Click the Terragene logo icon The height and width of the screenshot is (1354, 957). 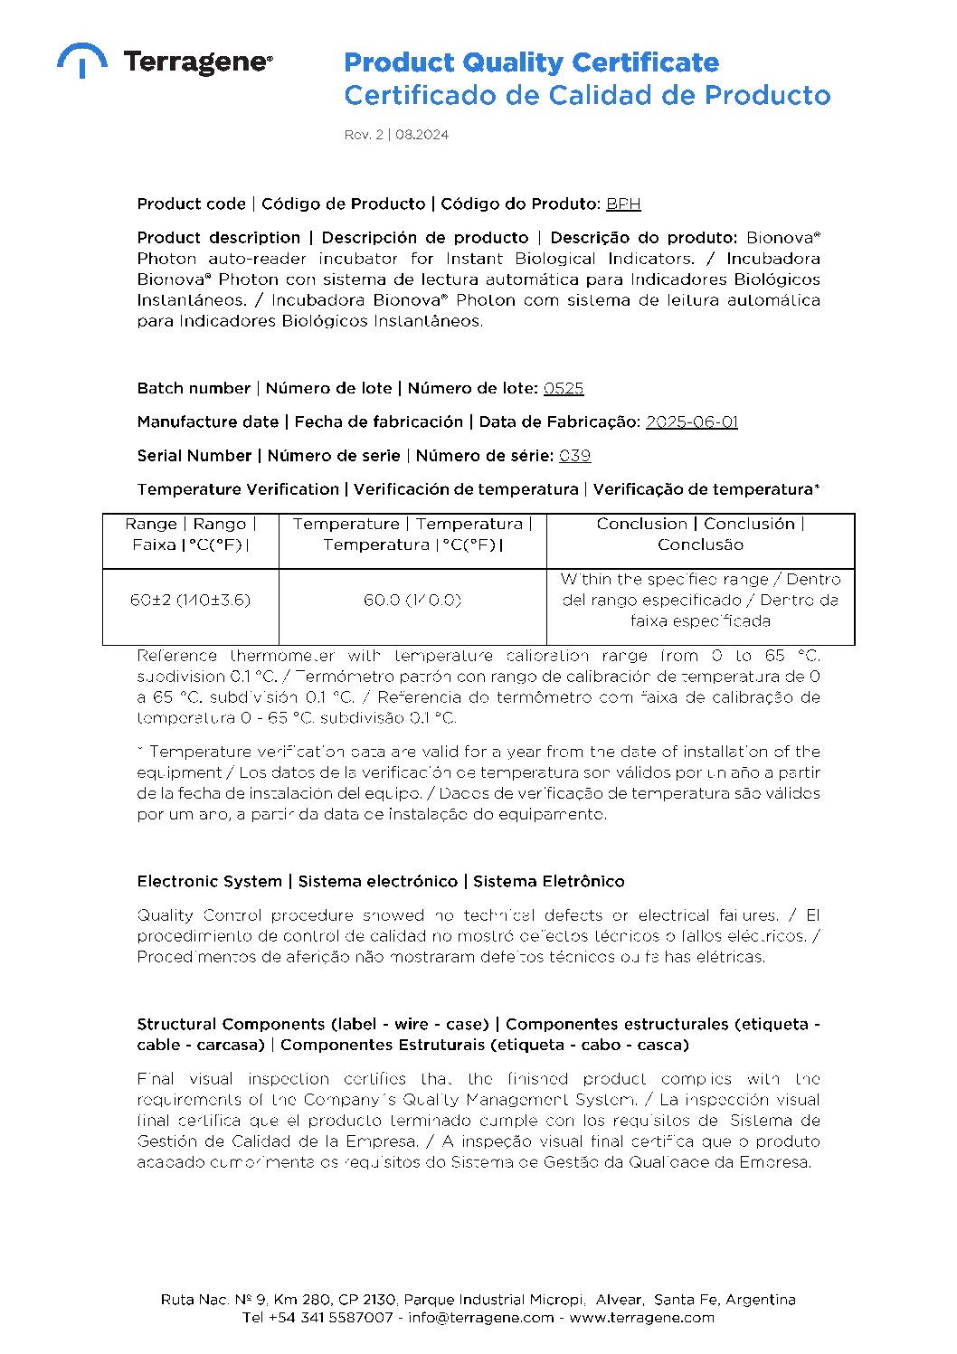[x=81, y=60]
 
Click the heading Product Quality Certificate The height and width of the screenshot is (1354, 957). [x=531, y=62]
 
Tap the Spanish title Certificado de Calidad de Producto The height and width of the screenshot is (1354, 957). [x=586, y=95]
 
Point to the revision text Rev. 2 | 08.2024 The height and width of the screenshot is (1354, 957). [x=396, y=135]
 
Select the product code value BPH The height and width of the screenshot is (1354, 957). [x=623, y=204]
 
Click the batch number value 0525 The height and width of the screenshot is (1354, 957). [x=564, y=388]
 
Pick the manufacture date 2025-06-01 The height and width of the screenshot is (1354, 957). [x=691, y=422]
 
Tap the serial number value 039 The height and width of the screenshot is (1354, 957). [x=574, y=456]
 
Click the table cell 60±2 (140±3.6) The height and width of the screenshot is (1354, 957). [x=190, y=600]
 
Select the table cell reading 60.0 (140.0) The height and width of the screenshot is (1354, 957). [x=412, y=600]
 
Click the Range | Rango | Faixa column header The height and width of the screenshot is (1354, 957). [x=190, y=535]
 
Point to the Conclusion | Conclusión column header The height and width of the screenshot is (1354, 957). [x=700, y=535]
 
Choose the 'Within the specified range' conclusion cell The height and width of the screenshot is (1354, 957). [x=700, y=600]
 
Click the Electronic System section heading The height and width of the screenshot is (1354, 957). [x=380, y=881]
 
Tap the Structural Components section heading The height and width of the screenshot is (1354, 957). [x=478, y=1034]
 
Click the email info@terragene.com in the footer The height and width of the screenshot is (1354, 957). [x=480, y=1318]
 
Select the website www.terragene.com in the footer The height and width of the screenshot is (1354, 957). [x=641, y=1318]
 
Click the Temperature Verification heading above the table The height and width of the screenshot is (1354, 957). [x=478, y=489]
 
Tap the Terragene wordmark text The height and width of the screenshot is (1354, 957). [x=197, y=62]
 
